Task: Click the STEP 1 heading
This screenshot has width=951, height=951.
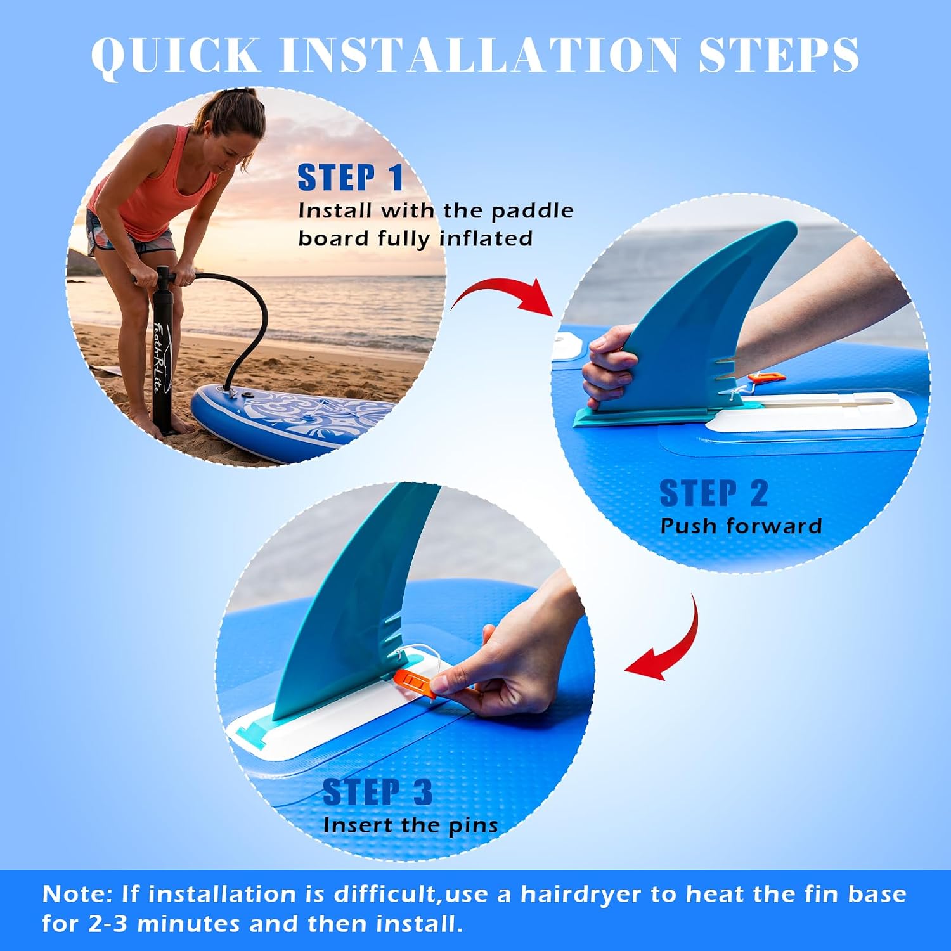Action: click(x=351, y=178)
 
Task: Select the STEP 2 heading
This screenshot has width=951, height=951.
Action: click(x=714, y=493)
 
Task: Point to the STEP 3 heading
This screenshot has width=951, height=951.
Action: click(x=378, y=792)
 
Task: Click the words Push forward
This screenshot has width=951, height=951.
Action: click(x=741, y=526)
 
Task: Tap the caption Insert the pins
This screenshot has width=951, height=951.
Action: click(x=410, y=825)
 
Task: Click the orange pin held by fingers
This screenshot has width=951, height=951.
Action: click(x=416, y=683)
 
